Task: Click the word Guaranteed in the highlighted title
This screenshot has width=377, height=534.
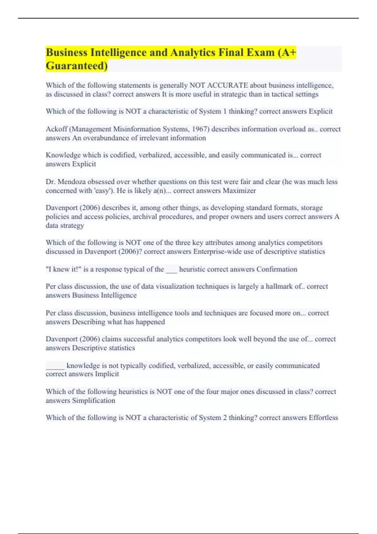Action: (x=76, y=66)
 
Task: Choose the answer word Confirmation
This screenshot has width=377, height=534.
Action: (x=277, y=269)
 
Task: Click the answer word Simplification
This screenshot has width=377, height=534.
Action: (x=94, y=401)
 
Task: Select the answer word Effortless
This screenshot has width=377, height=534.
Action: (x=323, y=418)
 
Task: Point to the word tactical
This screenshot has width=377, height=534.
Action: (x=283, y=94)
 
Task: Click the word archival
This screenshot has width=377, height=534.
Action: (x=145, y=217)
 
